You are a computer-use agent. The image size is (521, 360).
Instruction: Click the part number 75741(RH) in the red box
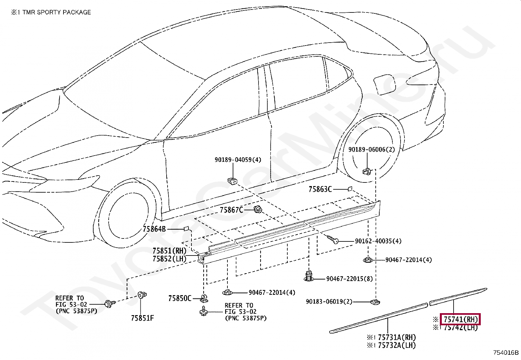(460, 319)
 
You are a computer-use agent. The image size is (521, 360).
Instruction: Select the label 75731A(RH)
(397, 337)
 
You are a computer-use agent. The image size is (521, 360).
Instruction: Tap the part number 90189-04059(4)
(238, 160)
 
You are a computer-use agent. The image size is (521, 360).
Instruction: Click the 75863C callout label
(320, 189)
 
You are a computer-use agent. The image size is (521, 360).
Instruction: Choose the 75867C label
(231, 210)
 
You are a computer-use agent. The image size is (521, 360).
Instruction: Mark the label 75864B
(154, 229)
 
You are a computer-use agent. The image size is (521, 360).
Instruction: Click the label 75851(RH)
(169, 251)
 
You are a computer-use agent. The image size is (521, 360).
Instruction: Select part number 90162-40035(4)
(378, 241)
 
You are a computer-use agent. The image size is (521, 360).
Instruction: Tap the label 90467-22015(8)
(349, 279)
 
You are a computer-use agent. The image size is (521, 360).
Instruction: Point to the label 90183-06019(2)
(329, 301)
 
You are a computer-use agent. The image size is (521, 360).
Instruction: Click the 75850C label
(180, 298)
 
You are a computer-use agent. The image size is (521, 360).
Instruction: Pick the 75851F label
(142, 318)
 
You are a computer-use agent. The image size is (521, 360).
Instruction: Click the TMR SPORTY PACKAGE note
(51, 12)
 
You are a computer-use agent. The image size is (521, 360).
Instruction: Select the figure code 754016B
(506, 352)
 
